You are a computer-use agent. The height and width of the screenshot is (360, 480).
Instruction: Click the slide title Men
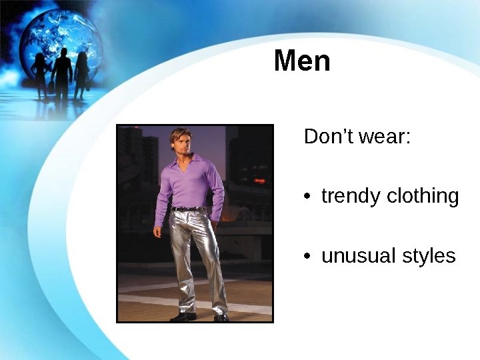pyautogui.click(x=302, y=61)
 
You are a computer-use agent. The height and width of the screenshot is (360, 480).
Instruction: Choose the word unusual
pyautogui.click(x=356, y=255)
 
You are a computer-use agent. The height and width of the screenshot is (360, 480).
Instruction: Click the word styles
pyautogui.click(x=427, y=256)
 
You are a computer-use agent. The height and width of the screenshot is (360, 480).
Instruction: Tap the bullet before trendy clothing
pyautogui.click(x=307, y=197)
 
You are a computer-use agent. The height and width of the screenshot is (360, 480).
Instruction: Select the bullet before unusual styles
pyautogui.click(x=307, y=256)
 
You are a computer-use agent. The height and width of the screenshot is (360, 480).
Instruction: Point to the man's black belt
pyautogui.click(x=188, y=209)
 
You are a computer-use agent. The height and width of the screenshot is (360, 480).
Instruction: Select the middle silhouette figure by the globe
pyautogui.click(x=62, y=73)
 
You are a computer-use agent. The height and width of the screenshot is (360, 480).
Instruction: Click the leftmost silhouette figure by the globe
pyautogui.click(x=41, y=75)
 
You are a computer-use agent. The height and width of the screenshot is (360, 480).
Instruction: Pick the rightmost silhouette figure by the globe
pyautogui.click(x=82, y=75)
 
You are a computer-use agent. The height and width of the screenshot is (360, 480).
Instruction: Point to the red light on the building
pyautogui.click(x=259, y=180)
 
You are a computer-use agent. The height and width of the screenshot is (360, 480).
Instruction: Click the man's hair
pyautogui.click(x=179, y=133)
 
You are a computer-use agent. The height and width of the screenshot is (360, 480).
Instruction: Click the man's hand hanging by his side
pyautogui.click(x=158, y=232)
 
